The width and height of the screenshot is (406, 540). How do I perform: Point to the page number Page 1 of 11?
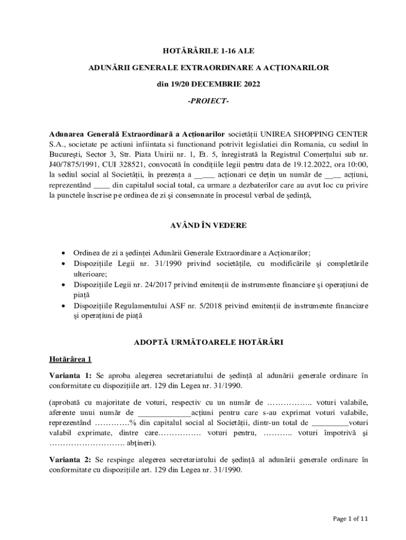[351, 518]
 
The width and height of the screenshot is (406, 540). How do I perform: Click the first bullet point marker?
[64, 253]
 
